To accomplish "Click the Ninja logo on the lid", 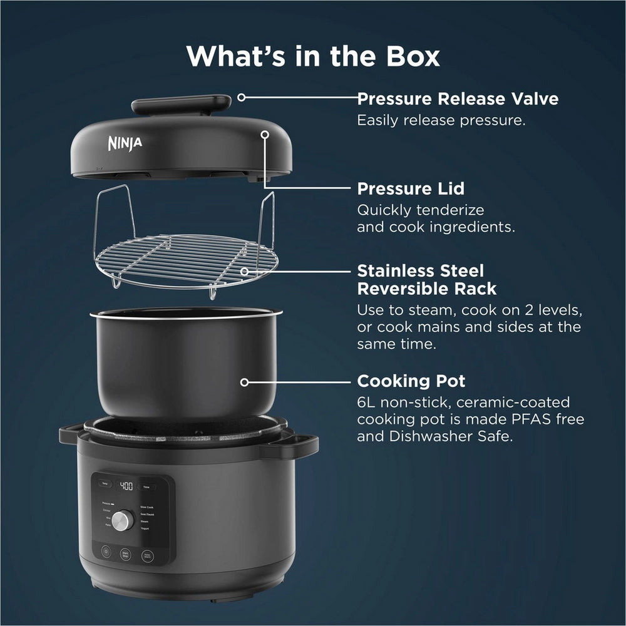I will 125,143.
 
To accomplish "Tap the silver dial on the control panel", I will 124,520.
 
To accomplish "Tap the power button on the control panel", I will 105,553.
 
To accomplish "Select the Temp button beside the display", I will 104,485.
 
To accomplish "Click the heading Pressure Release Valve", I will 458,99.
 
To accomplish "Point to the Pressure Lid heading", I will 419,188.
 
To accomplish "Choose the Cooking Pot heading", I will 411,381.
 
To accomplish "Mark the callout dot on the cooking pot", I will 245,381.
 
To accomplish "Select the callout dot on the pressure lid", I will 265,133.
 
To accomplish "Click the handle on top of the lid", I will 182,103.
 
